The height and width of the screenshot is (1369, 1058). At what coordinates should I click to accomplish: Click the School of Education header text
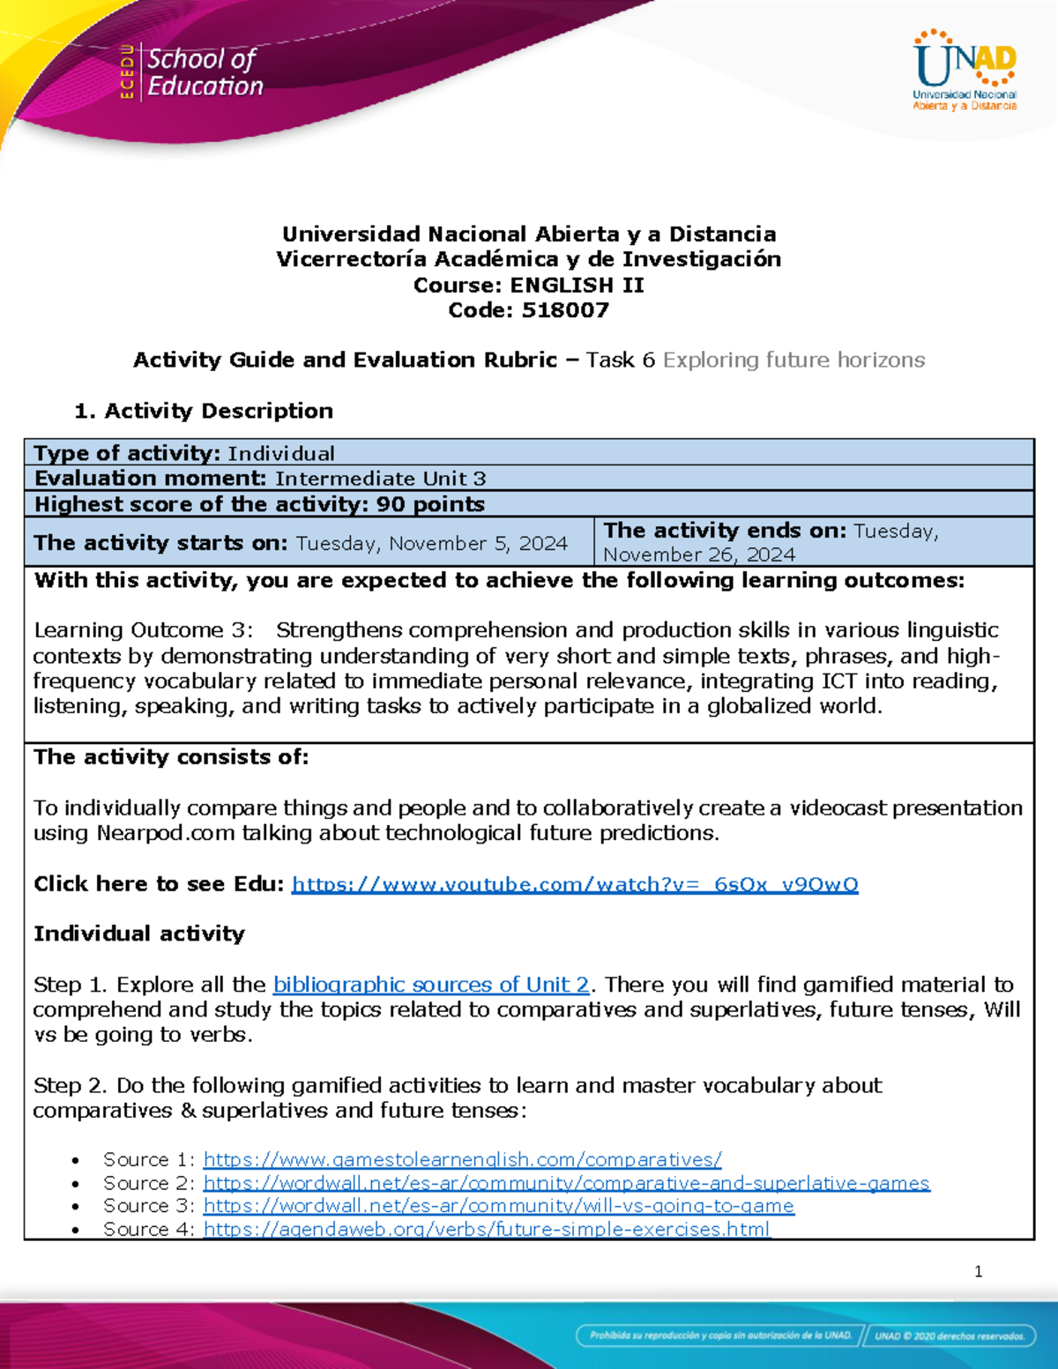204,72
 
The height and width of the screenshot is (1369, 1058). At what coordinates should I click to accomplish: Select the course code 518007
565,310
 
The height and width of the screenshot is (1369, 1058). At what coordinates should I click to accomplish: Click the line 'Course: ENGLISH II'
528,285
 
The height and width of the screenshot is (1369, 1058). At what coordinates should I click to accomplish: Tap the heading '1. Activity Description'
204,411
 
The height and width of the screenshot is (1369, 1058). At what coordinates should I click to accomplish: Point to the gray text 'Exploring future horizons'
793,360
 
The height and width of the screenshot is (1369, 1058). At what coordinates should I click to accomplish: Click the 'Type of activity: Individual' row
184,453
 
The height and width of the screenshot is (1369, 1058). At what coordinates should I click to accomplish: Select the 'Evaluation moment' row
260,479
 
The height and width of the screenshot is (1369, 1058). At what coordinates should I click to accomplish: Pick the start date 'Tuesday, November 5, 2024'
431,543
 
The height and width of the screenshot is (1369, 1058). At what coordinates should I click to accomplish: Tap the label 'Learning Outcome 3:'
143,630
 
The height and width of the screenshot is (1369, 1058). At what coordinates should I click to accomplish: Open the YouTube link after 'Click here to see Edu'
575,884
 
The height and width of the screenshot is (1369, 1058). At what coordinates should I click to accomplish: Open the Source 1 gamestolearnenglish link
462,1159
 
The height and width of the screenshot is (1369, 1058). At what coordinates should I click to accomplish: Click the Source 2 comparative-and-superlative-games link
566,1183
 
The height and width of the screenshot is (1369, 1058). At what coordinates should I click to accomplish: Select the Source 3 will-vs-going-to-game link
498,1205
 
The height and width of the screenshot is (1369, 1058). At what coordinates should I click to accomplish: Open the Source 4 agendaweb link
487,1229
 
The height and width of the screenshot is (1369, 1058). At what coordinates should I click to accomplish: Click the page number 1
978,1271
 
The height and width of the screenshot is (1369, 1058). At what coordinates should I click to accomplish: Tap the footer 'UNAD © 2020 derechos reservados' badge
949,1336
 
